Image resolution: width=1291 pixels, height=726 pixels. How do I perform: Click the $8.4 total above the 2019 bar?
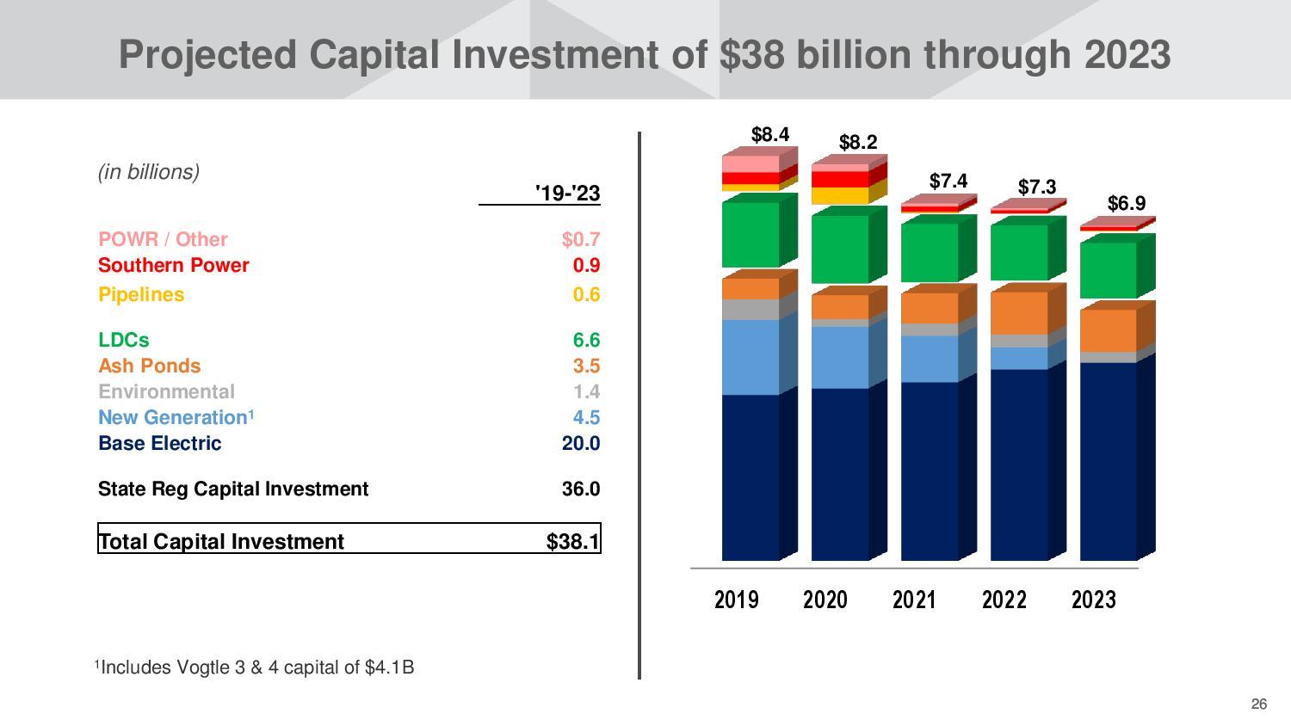coord(769,134)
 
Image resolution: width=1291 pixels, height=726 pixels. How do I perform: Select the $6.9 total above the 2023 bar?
coord(1126,203)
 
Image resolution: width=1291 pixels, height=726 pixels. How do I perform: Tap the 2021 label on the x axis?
coord(914,600)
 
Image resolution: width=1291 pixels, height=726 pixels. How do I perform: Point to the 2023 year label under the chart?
coord(1093,600)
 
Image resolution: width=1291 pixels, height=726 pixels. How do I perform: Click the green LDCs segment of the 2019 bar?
coord(751,234)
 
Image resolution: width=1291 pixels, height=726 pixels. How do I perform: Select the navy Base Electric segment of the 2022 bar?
coord(1019,465)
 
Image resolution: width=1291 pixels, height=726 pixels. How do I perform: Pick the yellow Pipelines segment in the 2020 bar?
coord(839,195)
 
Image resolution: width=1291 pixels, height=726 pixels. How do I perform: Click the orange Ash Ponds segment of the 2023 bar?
coord(1108,330)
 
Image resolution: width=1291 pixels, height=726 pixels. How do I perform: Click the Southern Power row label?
coord(173,265)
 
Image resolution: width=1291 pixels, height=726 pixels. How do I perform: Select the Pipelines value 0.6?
coord(586,294)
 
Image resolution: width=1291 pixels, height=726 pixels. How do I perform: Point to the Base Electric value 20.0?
coord(580,443)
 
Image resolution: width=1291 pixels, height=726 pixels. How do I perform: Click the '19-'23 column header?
coord(567,193)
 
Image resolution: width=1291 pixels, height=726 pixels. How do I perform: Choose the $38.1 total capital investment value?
coord(572,541)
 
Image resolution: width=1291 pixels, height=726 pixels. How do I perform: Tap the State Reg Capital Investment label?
coord(232,489)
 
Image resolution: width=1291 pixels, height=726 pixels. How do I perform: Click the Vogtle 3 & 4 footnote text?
coord(255,667)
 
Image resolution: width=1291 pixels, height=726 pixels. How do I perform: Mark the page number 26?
coord(1258,704)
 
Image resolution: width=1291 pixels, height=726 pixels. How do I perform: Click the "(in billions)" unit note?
coord(149,172)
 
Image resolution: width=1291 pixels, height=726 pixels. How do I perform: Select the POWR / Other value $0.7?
coord(580,239)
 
